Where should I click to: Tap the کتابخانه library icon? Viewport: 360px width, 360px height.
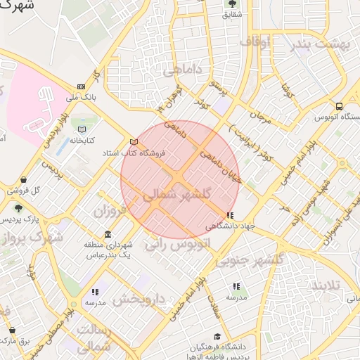point(82,129)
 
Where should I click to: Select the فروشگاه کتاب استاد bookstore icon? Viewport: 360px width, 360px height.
point(134,142)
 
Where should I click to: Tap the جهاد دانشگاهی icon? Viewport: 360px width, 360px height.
point(229,215)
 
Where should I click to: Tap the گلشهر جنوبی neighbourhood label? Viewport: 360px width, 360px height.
point(251,259)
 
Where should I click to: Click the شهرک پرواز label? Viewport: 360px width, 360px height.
point(32,238)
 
